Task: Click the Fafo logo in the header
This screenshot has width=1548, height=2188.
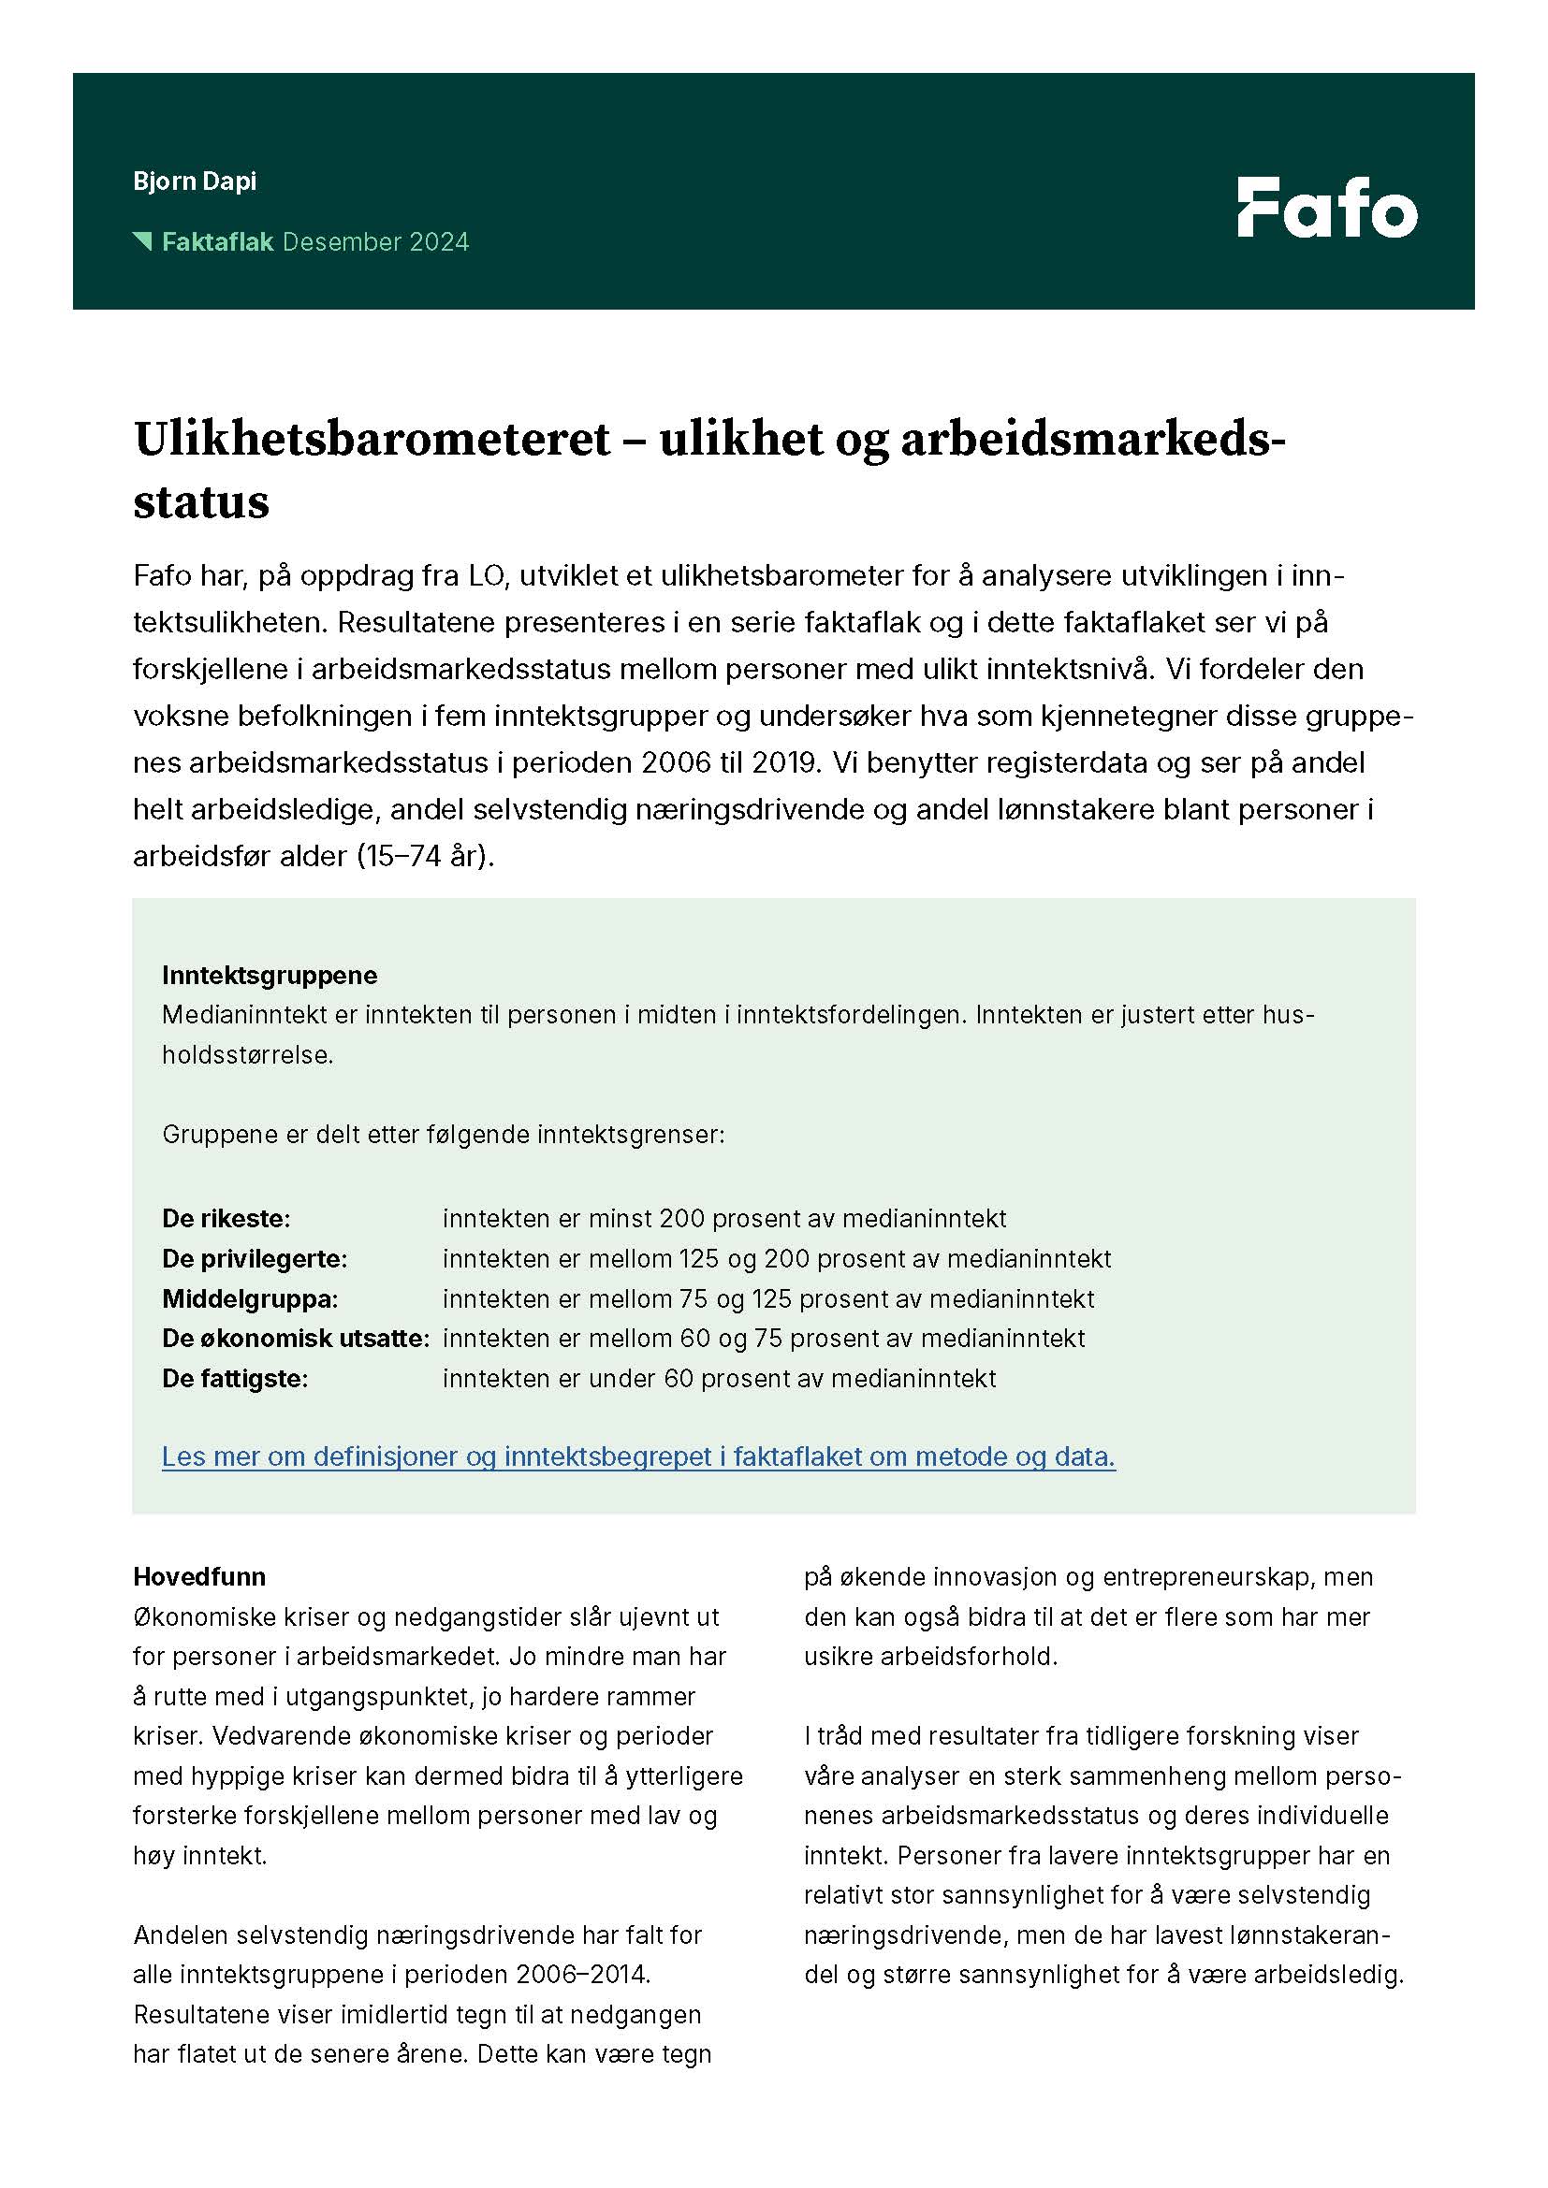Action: pos(1327,207)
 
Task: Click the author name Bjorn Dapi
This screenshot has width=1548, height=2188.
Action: pos(195,181)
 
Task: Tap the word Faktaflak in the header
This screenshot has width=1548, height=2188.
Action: pos(217,242)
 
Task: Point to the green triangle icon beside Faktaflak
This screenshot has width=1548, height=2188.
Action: pos(143,240)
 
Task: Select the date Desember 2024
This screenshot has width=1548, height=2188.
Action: pos(375,242)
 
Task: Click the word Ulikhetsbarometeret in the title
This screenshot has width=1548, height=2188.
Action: pos(372,441)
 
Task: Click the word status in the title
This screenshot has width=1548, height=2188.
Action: pos(201,502)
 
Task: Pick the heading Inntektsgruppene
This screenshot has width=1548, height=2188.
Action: pos(270,975)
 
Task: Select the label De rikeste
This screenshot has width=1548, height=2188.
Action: pos(226,1219)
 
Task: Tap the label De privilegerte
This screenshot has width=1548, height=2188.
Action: pos(255,1259)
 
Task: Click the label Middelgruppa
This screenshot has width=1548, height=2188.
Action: pos(250,1299)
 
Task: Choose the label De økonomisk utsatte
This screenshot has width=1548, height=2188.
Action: pos(296,1339)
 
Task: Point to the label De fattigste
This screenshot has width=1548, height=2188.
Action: pos(235,1379)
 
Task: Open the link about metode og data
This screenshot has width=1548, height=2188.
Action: pos(637,1457)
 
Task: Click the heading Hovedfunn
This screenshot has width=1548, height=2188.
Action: pos(199,1577)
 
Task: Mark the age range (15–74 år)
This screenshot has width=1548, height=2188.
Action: pos(426,856)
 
